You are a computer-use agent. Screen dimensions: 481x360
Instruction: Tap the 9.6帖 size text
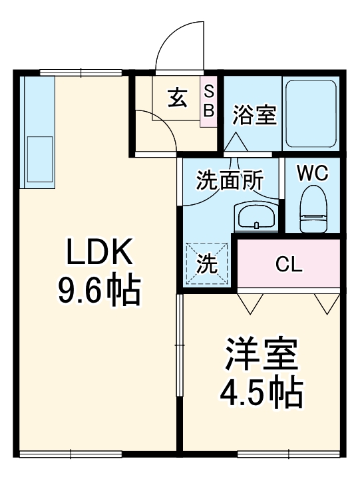click(x=100, y=290)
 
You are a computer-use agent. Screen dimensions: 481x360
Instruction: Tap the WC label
click(x=312, y=174)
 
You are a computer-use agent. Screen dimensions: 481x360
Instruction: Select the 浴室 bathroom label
click(x=254, y=115)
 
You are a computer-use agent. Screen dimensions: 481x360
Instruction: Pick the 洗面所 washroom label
click(x=230, y=180)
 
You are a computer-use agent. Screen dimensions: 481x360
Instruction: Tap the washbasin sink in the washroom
click(x=255, y=216)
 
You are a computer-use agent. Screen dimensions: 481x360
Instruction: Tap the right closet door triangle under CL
click(x=326, y=303)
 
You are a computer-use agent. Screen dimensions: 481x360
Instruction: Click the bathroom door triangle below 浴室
click(x=234, y=143)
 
